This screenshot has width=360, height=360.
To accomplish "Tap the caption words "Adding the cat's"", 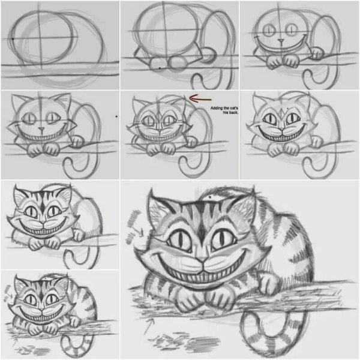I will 223,108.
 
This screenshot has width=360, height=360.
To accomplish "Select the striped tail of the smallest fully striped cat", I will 78,345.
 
